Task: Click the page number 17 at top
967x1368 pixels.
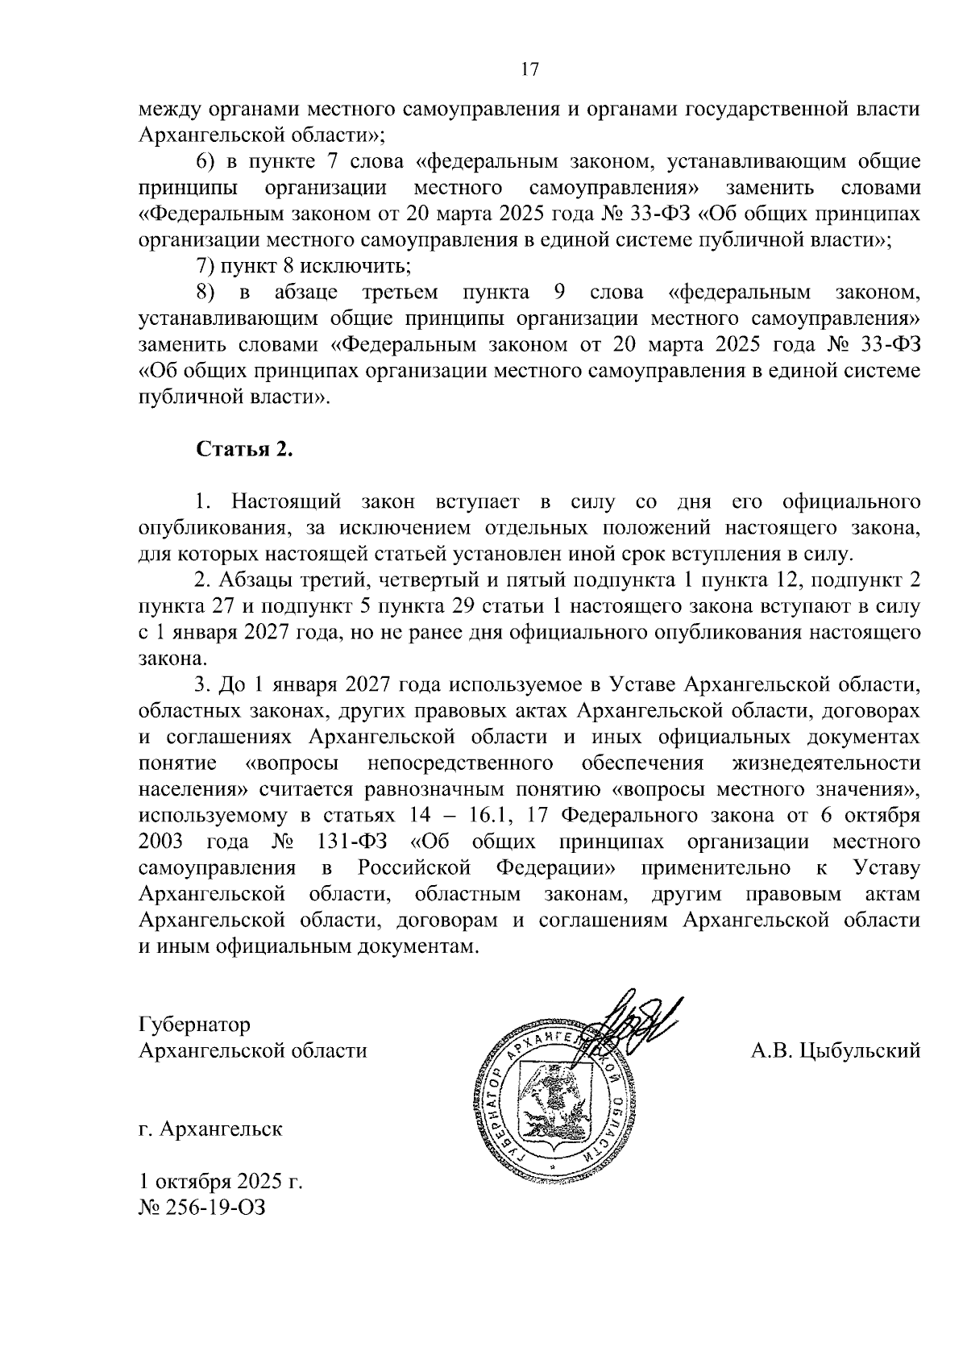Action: tap(529, 70)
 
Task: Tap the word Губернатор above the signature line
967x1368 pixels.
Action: tap(194, 1025)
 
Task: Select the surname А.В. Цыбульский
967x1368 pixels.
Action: tap(836, 1050)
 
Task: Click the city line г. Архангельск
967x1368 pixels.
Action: tap(210, 1129)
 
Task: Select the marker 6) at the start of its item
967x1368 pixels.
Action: tap(206, 161)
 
